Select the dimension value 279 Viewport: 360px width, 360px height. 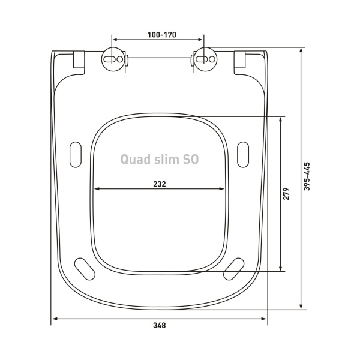click(287, 194)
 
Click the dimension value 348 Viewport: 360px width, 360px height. click(159, 326)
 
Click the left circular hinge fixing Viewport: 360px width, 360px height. click(115, 60)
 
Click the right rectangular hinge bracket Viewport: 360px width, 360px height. click(241, 59)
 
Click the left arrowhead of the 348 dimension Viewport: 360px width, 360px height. click(53, 318)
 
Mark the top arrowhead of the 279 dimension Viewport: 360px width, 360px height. click(281, 119)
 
